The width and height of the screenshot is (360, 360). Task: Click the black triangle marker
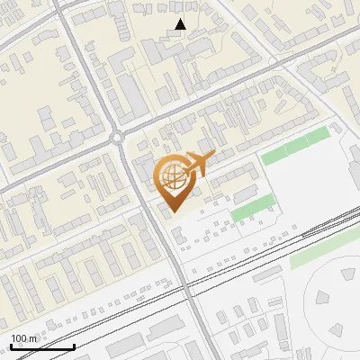181,24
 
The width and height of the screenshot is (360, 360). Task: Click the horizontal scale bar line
42,346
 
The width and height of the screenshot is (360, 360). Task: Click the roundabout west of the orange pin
118,138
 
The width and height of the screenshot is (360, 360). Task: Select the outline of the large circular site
305,297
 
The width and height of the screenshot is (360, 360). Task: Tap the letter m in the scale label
33,338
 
